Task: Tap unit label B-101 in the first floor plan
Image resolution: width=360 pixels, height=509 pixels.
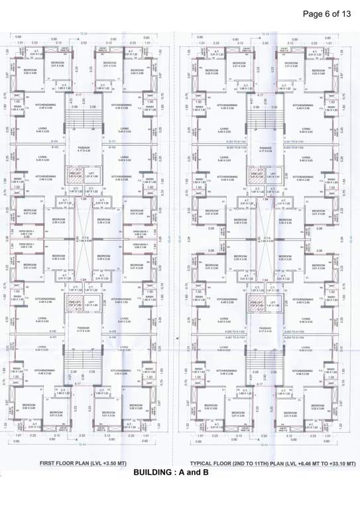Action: click(x=111, y=141)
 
